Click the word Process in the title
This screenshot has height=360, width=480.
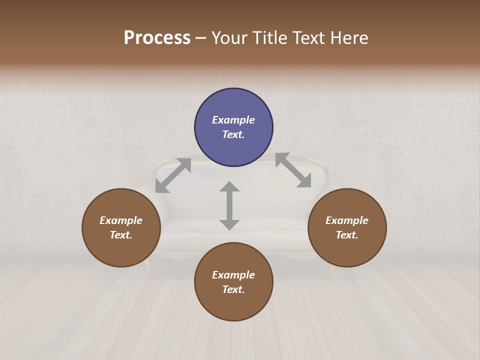[x=157, y=38]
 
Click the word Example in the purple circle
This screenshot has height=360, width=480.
[x=233, y=120]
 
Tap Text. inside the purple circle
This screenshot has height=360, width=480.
[x=233, y=134]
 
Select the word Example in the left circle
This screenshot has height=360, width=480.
[x=121, y=220]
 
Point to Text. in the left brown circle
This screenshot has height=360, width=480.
[x=121, y=235]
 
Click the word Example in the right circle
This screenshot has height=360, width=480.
[x=347, y=220]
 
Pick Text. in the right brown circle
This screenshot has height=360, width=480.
[x=347, y=235]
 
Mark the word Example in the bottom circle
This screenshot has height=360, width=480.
[x=233, y=275]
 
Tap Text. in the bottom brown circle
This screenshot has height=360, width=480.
[x=233, y=289]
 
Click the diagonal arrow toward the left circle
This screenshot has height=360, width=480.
[x=173, y=175]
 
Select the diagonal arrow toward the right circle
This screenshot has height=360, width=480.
[x=293, y=170]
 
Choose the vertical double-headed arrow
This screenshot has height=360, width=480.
[x=229, y=205]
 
